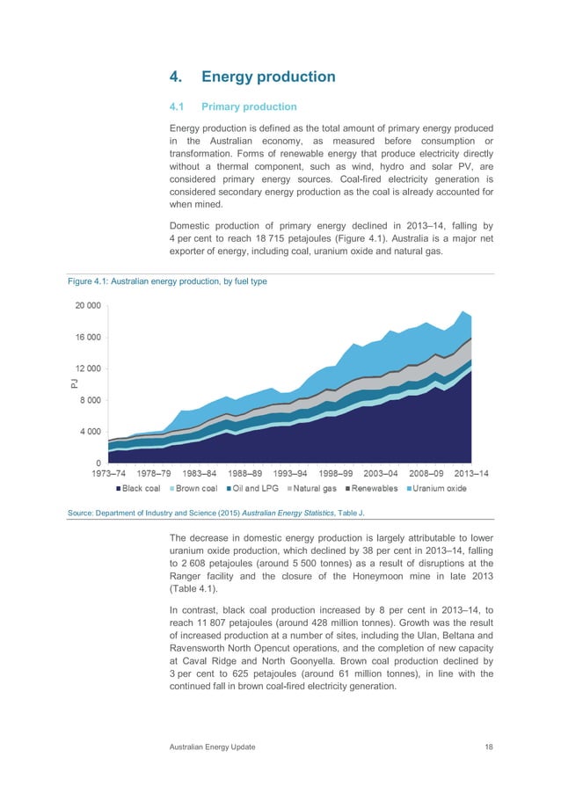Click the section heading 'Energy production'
[268, 76]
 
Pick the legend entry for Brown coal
[195, 488]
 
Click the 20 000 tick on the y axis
[86, 306]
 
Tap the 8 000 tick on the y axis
[89, 400]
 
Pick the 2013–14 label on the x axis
[474, 474]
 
